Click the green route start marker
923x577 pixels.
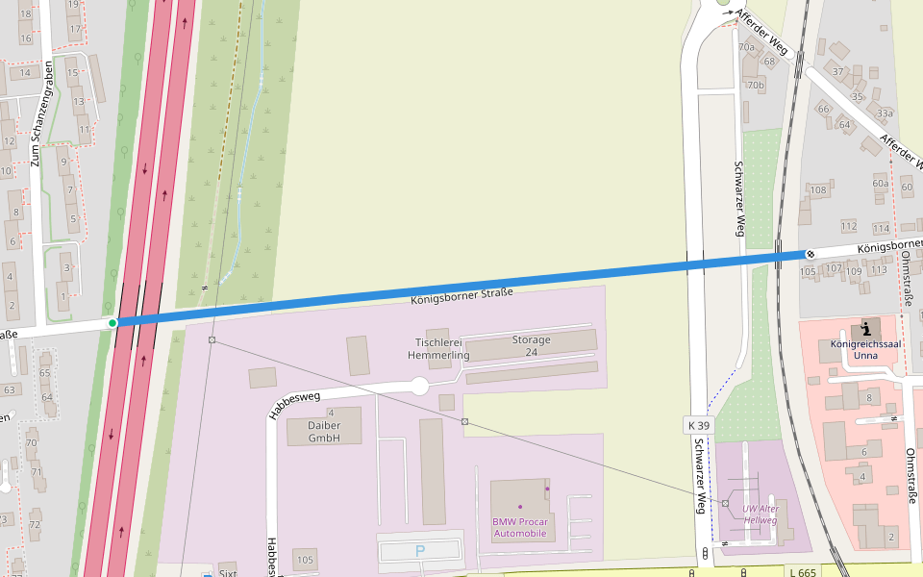pos(112,323)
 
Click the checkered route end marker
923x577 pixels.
pos(811,254)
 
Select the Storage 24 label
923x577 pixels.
pos(531,345)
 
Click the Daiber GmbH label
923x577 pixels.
pos(324,431)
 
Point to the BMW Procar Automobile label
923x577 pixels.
pos(519,527)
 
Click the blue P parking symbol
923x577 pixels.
pos(419,551)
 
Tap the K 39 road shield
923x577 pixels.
pos(699,425)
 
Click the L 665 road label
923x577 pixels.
pos(802,572)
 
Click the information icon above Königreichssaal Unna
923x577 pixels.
pos(865,329)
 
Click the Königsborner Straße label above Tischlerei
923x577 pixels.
pos(461,296)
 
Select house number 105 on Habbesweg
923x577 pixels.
pos(305,560)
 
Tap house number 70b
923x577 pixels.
pos(755,85)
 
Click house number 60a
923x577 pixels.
pos(880,183)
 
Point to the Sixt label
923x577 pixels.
pos(227,572)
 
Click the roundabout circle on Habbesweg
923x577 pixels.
pos(419,387)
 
